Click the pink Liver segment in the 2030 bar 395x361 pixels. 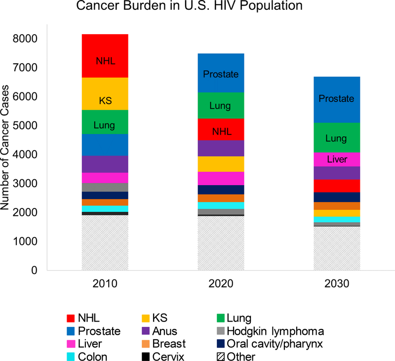coord(337,160)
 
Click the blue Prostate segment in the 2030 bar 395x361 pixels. coord(337,99)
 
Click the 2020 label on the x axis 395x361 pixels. coord(221,285)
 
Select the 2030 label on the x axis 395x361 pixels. coord(337,285)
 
